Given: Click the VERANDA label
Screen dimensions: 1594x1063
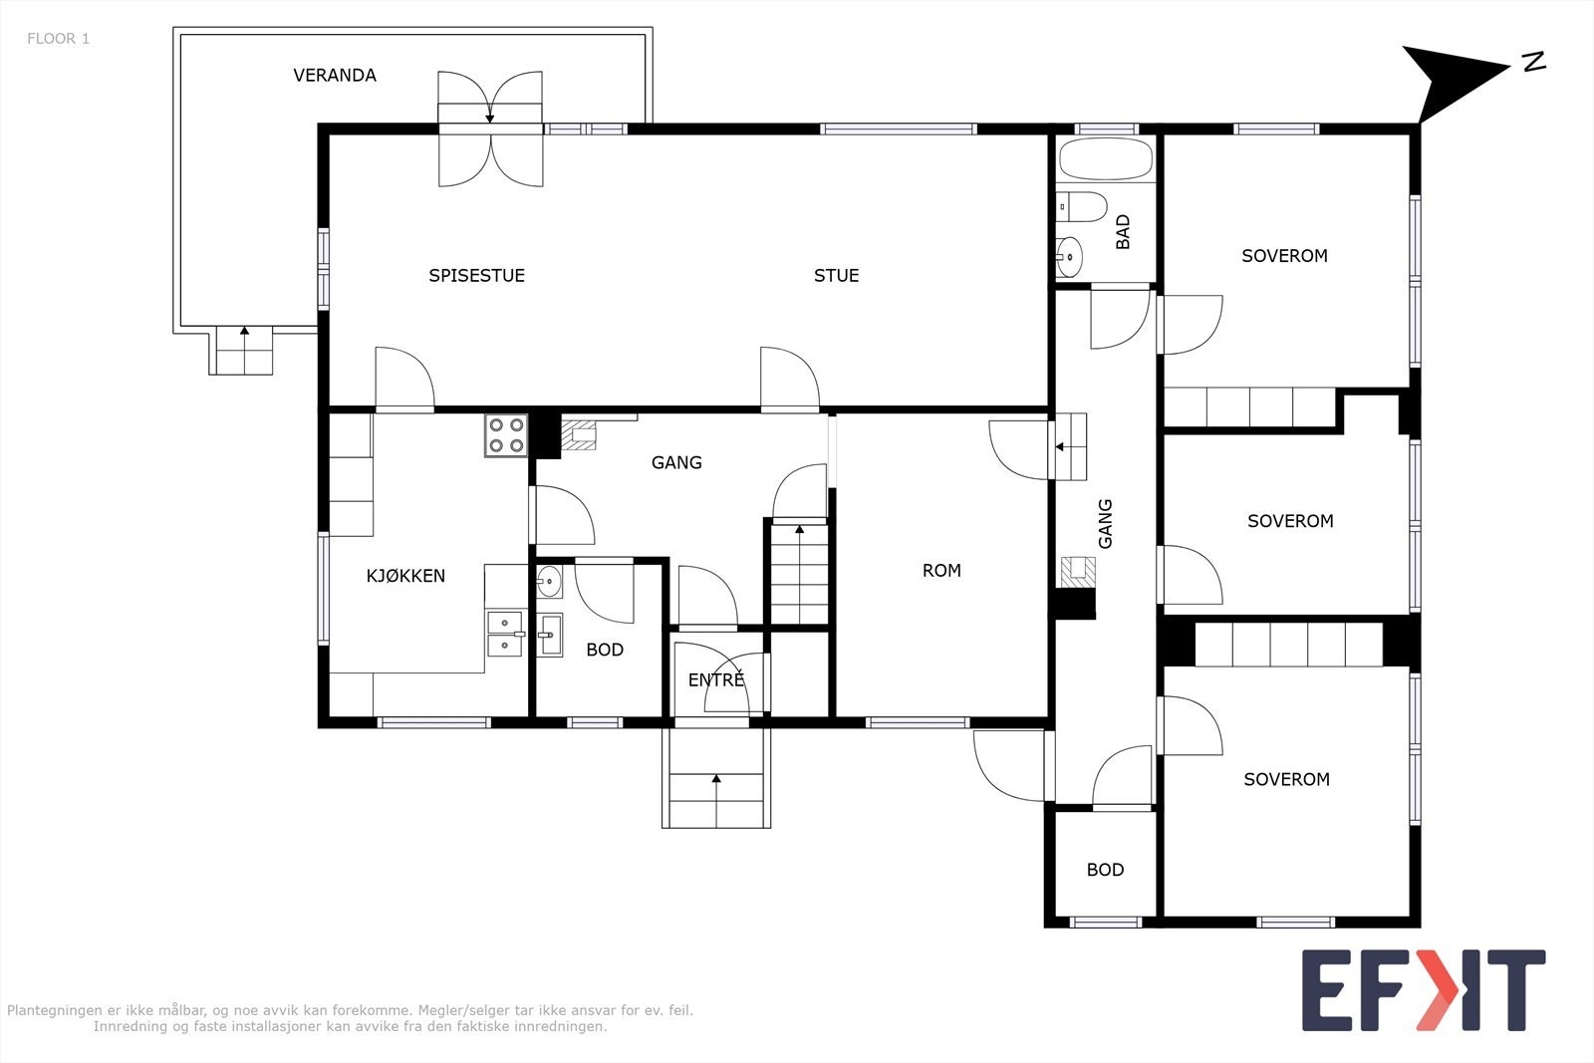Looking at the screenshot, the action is click(335, 76).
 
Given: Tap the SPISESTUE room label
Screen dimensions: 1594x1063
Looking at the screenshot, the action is click(477, 276).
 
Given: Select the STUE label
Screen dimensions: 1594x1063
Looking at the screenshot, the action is click(836, 276).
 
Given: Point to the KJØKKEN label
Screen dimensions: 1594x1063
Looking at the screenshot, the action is click(405, 576).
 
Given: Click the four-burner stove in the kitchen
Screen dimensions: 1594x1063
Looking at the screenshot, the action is click(506, 435).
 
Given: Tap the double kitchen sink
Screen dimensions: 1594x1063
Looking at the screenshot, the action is click(505, 634).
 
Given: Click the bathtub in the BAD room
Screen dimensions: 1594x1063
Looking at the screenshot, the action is click(1106, 158).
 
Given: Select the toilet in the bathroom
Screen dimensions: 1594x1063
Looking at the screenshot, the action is click(1082, 207).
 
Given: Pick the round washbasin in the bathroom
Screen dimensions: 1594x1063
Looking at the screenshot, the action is click(1069, 256).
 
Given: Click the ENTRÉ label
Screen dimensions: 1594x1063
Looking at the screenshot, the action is click(716, 680).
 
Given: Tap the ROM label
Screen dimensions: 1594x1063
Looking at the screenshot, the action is click(941, 571).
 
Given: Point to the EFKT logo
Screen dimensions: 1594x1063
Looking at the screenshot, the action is click(1424, 989).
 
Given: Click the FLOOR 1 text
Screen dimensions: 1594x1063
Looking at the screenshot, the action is click(59, 39).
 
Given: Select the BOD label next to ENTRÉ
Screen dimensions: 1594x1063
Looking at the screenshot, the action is click(605, 650).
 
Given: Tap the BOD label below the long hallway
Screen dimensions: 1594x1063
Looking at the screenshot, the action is click(1105, 870).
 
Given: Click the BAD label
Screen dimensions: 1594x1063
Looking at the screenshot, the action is click(1123, 232).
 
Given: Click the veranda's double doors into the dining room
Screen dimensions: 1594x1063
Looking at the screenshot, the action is click(490, 129).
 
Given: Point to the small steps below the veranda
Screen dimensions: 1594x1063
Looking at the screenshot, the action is click(240, 351).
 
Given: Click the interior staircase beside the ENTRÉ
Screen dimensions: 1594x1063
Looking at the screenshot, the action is click(800, 575).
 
